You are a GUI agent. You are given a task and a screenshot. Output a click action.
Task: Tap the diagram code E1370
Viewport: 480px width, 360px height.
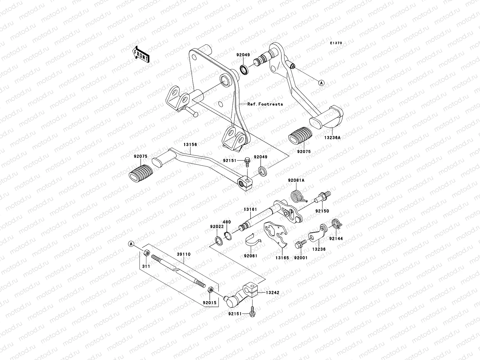pyautogui.click(x=336, y=43)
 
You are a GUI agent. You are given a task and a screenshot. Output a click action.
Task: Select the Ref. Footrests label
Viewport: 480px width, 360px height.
pyautogui.click(x=265, y=104)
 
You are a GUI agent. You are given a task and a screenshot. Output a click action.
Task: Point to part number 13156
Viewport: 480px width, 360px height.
pyautogui.click(x=190, y=145)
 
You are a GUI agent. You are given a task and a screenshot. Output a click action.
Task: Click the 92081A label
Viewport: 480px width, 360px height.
pyautogui.click(x=296, y=180)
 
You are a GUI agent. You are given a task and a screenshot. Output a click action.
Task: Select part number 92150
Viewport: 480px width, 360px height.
pyautogui.click(x=322, y=211)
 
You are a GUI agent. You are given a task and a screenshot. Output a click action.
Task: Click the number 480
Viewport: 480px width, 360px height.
pyautogui.click(x=227, y=222)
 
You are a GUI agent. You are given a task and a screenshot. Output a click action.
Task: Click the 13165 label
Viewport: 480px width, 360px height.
pyautogui.click(x=283, y=257)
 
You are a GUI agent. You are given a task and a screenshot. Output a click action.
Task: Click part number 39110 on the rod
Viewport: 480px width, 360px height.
pyautogui.click(x=183, y=254)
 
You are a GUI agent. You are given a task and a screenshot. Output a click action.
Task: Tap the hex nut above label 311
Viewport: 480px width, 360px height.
pyautogui.click(x=147, y=253)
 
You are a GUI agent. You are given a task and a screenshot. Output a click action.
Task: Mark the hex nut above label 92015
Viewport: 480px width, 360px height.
pyautogui.click(x=211, y=290)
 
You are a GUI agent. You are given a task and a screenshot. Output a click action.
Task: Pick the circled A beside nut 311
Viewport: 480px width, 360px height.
pyautogui.click(x=131, y=243)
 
